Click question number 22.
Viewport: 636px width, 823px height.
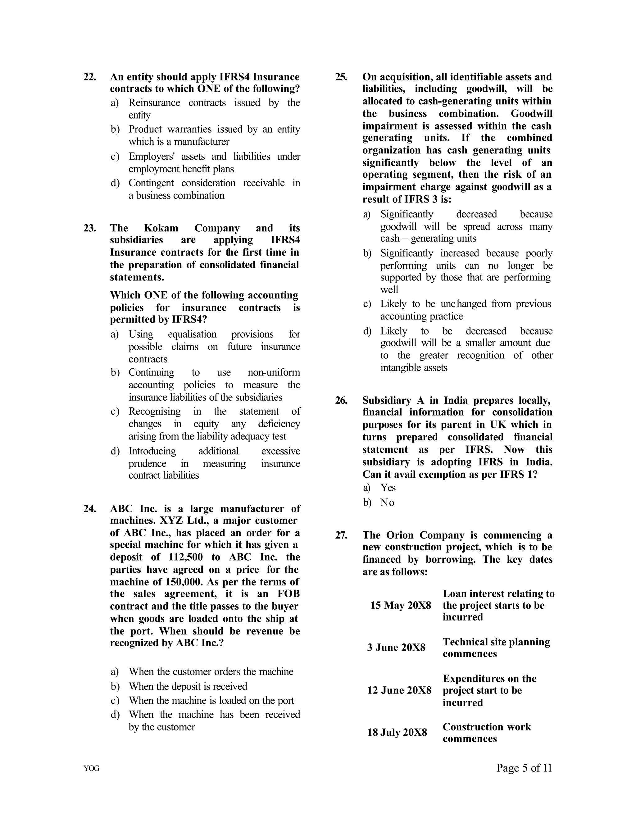click(90, 77)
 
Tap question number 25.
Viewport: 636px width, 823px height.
click(341, 77)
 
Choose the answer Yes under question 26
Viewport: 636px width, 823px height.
click(388, 488)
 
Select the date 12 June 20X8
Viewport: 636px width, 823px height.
click(399, 690)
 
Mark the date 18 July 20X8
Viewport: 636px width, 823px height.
click(397, 732)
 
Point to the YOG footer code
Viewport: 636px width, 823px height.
click(92, 768)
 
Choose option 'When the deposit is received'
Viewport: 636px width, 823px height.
click(188, 686)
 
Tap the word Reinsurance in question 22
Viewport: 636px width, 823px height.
click(154, 102)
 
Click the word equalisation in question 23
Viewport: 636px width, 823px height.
click(192, 334)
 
